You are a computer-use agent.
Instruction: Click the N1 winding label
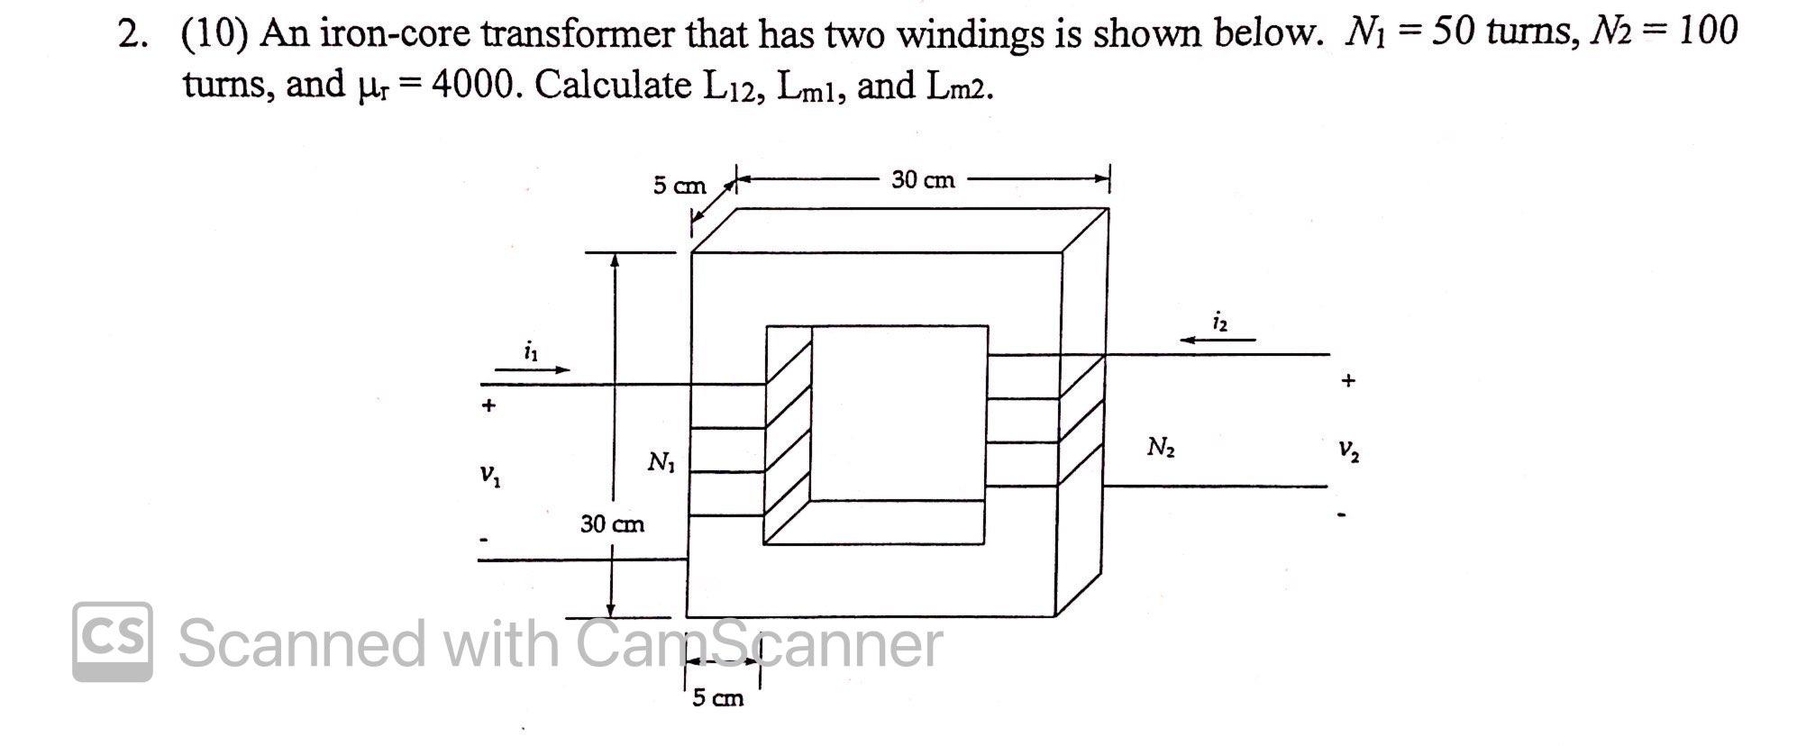pos(661,463)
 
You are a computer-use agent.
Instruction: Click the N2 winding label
pos(1160,447)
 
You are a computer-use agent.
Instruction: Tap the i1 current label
pos(531,350)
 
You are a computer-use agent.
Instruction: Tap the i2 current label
pos(1219,321)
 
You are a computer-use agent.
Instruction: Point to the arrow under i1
pos(533,369)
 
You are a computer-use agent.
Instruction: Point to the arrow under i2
pos(1218,341)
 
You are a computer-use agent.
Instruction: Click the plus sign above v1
pos(488,405)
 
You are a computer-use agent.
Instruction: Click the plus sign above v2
pos(1347,380)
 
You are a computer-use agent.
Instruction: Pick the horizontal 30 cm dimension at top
pos(923,180)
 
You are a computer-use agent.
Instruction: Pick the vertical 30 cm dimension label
pos(612,523)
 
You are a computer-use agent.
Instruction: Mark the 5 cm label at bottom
pos(717,698)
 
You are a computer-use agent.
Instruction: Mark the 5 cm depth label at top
pos(680,186)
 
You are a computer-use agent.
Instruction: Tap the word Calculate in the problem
pos(612,86)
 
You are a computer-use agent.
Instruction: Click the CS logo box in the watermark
pos(113,641)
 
